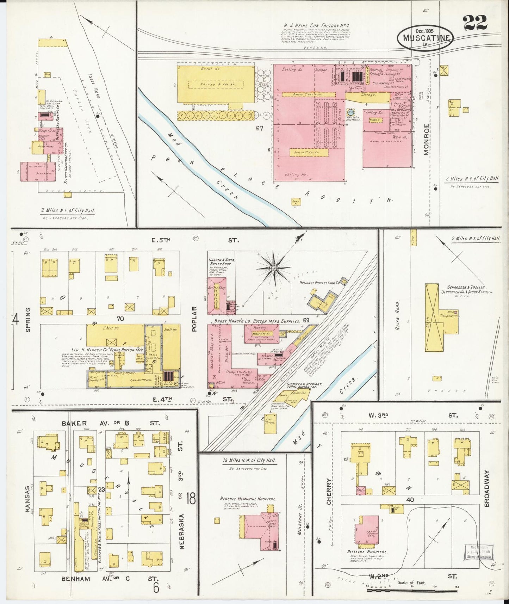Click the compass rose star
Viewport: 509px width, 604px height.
274,269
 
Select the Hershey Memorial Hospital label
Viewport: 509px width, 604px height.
248,499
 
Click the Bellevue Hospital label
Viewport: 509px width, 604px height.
367,562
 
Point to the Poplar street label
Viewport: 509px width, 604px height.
194,319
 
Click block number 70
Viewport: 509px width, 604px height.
120,319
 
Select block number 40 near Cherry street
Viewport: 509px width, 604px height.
409,500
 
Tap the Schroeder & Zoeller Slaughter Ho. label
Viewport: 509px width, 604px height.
467,289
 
